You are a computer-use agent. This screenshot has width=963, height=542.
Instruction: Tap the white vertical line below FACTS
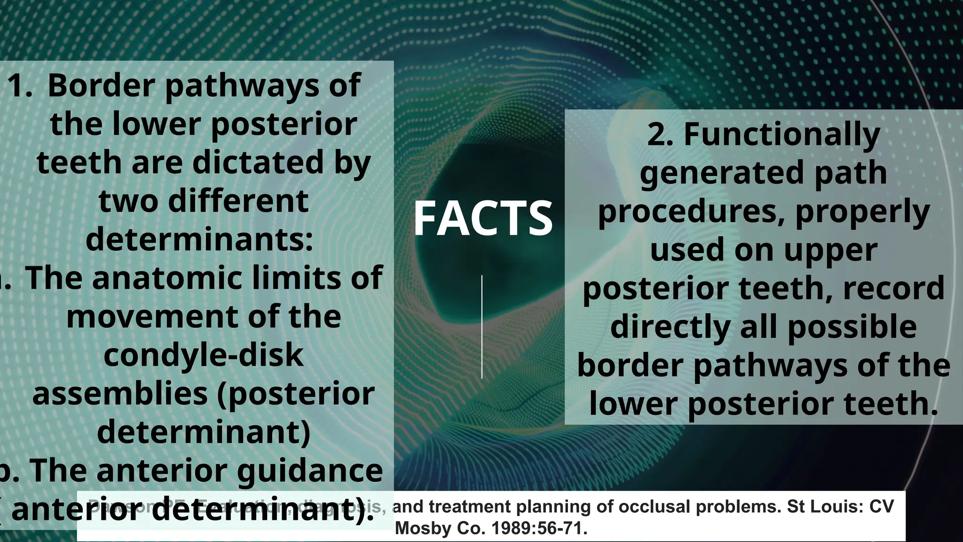click(482, 327)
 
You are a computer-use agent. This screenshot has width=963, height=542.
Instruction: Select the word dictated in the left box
click(258, 162)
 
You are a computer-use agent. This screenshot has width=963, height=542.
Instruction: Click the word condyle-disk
click(203, 355)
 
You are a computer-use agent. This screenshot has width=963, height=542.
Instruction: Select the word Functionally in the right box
click(781, 135)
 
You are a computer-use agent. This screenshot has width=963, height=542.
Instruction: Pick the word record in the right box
click(893, 288)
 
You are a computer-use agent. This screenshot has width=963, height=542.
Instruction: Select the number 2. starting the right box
click(661, 135)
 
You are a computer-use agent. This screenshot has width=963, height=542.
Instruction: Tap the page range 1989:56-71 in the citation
click(539, 528)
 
